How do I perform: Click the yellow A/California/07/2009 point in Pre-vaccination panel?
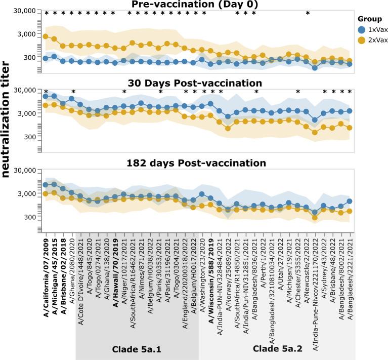pyautogui.click(x=46, y=36)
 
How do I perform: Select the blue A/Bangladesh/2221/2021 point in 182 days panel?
pyautogui.click(x=350, y=201)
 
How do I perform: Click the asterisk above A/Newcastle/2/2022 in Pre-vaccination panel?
pyautogui.click(x=308, y=13)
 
